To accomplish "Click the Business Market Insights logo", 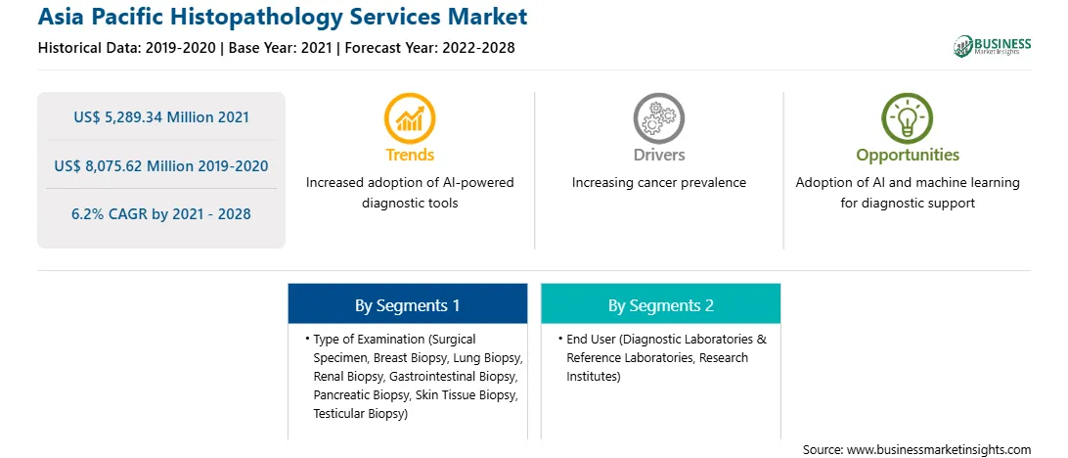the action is [993, 46].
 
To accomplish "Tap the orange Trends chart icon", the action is [410, 117].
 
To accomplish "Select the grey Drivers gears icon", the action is [658, 117].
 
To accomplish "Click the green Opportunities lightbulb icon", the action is [908, 117].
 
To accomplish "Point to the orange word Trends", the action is [410, 155].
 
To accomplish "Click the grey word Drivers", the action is [658, 155].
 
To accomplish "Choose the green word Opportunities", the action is [908, 156].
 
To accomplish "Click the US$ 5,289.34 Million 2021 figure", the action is [161, 117].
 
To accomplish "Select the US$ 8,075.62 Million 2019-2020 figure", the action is [161, 165].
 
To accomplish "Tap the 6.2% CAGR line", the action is [161, 214].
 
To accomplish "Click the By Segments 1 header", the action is [407, 305].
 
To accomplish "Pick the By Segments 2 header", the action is [661, 305].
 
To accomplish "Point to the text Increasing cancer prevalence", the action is [658, 183].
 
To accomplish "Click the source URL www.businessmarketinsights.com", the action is [939, 449].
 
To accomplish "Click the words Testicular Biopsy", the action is [360, 413].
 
